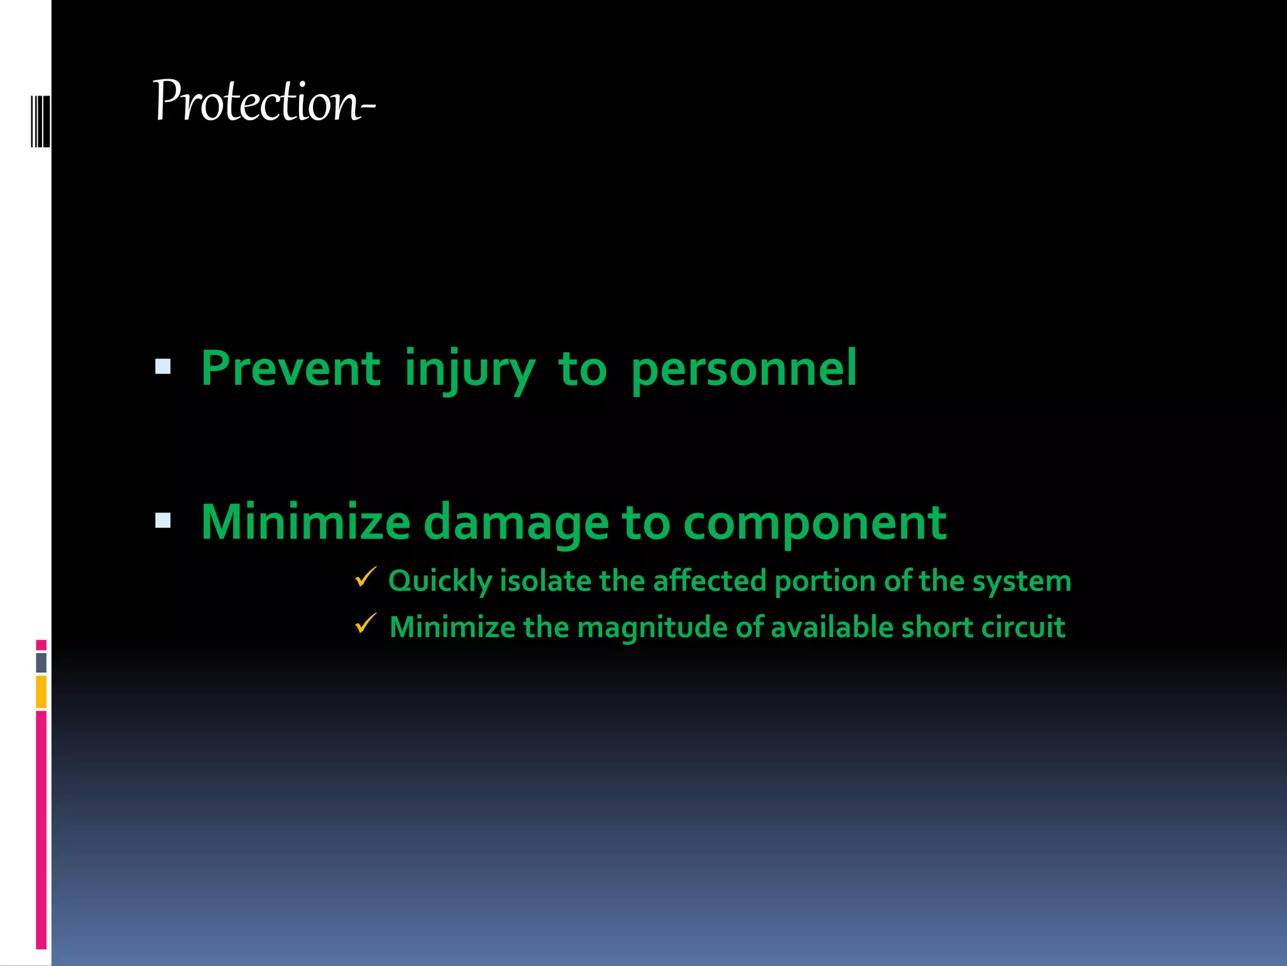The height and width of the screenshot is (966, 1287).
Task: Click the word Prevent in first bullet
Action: tap(290, 369)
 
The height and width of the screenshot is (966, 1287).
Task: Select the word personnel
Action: tap(743, 370)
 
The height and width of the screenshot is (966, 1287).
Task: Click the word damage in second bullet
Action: tap(516, 523)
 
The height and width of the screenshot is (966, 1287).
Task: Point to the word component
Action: tap(814, 523)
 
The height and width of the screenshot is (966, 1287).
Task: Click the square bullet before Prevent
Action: tap(163, 366)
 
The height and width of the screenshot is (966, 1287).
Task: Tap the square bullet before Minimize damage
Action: tap(163, 520)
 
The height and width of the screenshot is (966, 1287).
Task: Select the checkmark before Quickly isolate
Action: tap(365, 577)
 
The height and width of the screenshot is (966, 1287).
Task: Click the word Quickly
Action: tap(440, 581)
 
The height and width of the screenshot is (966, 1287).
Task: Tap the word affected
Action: tap(709, 581)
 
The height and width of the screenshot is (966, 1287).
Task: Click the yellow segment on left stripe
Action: tap(41, 692)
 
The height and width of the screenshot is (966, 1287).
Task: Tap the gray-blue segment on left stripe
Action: tap(41, 663)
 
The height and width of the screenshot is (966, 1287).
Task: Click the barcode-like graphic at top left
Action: tap(40, 121)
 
